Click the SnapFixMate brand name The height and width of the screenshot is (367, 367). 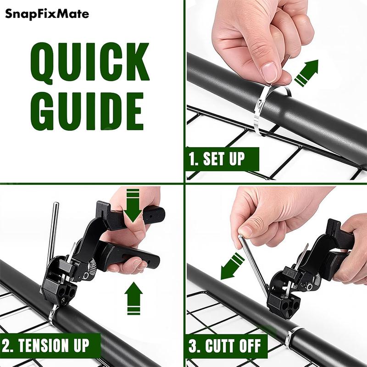click(x=47, y=14)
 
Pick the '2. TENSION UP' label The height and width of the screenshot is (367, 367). click(x=51, y=344)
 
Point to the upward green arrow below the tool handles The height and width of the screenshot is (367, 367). click(x=133, y=298)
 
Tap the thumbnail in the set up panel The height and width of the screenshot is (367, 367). click(x=269, y=71)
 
